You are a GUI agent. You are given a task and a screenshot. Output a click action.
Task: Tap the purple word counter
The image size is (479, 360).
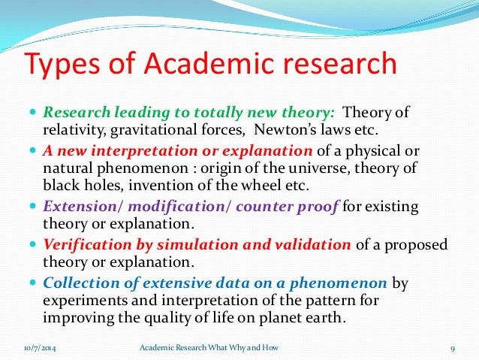[252, 207]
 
